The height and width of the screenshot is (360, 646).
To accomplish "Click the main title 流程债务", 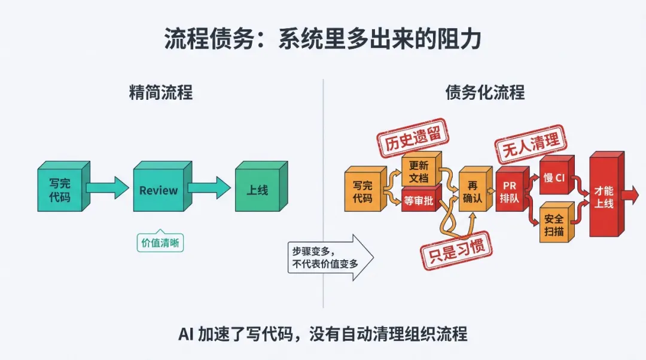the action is pyautogui.click(x=209, y=39).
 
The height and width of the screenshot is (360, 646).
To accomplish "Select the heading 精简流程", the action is pyautogui.click(x=161, y=92).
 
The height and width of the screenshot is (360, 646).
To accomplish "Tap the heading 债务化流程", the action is pyautogui.click(x=485, y=92).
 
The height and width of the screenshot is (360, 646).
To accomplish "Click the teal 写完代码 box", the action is pyautogui.click(x=64, y=186).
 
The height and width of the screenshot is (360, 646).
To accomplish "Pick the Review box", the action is pyautogui.click(x=162, y=186).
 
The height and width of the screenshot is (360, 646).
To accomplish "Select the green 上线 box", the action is pyautogui.click(x=261, y=186).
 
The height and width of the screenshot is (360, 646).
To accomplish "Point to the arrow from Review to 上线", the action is pyautogui.click(x=209, y=188).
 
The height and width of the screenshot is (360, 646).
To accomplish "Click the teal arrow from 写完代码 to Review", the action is pyautogui.click(x=108, y=188).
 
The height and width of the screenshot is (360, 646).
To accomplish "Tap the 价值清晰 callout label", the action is pyautogui.click(x=160, y=242).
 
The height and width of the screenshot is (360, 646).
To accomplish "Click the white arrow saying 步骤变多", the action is pyautogui.click(x=330, y=257).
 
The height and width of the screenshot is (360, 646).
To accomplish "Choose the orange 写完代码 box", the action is pyautogui.click(x=365, y=189).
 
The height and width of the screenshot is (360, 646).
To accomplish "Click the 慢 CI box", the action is pyautogui.click(x=557, y=175).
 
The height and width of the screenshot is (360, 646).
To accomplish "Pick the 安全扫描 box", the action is pyautogui.click(x=557, y=222).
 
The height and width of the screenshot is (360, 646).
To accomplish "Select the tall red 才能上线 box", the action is pyautogui.click(x=607, y=194).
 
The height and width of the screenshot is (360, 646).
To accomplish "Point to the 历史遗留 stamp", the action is pyautogui.click(x=413, y=138).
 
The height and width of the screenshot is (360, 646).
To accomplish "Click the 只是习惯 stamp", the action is pyautogui.click(x=456, y=251).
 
